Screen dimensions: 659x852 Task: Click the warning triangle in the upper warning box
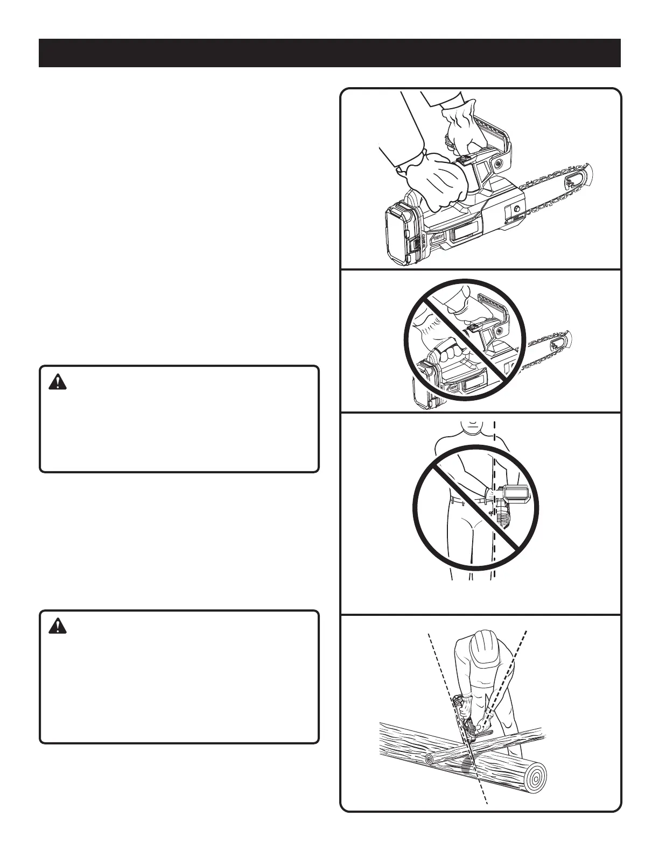[x=56, y=382]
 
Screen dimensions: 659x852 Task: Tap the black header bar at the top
[x=329, y=53]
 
